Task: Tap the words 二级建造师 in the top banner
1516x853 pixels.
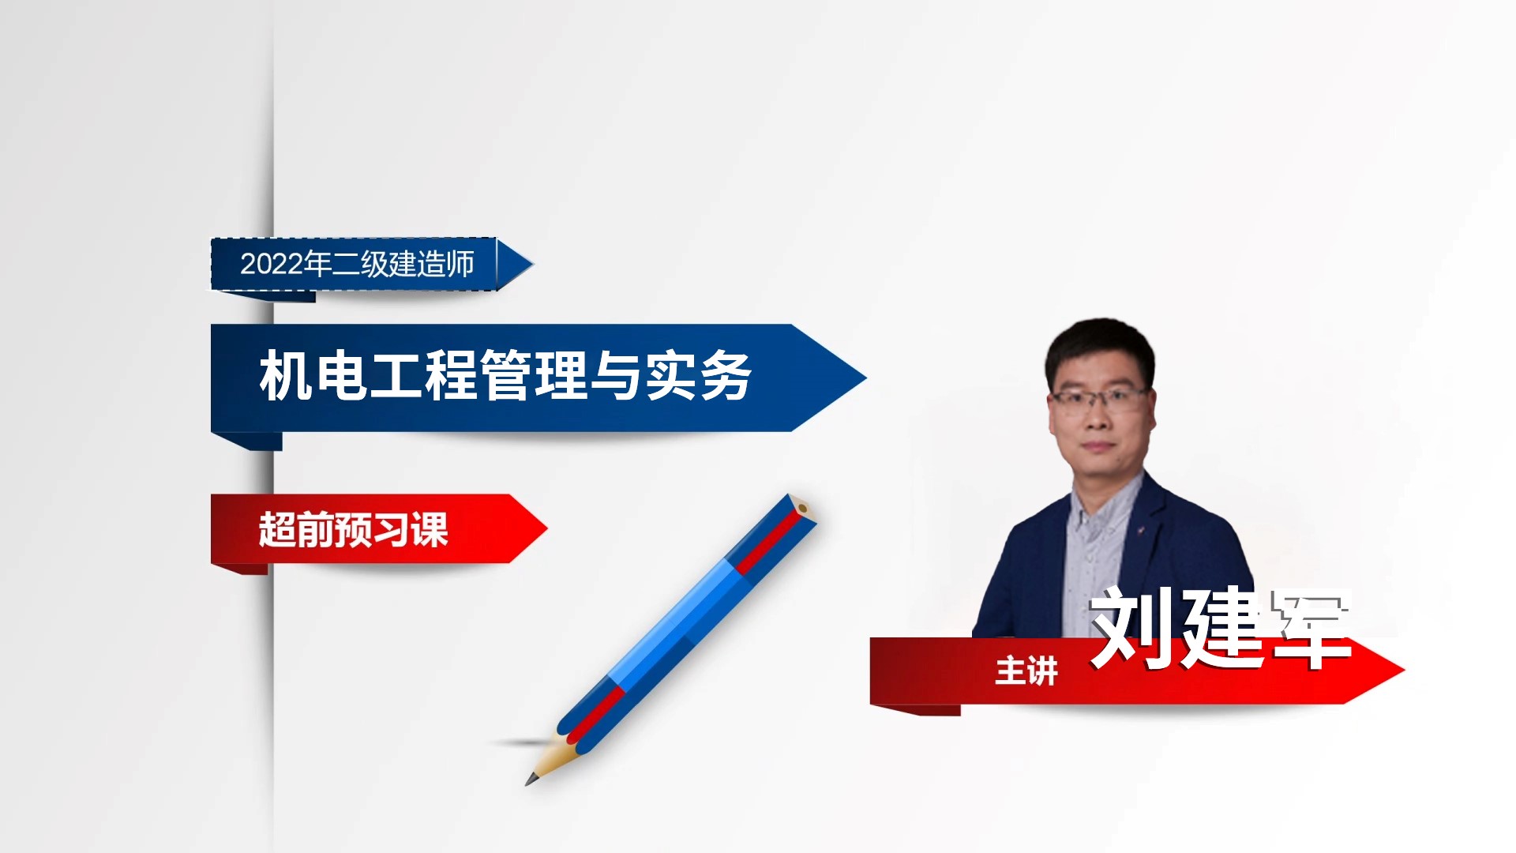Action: pyautogui.click(x=403, y=264)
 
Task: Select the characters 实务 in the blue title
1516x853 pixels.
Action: pyautogui.click(x=698, y=376)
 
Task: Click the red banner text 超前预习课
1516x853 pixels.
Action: pyautogui.click(x=354, y=529)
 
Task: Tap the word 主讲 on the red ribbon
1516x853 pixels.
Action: pyautogui.click(x=1026, y=671)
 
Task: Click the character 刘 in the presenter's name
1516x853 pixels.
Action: pyautogui.click(x=1132, y=628)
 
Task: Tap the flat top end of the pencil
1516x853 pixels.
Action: pyautogui.click(x=803, y=507)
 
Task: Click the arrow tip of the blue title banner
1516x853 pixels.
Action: pyautogui.click(x=865, y=378)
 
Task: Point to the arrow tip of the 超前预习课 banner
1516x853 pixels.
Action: pyautogui.click(x=546, y=528)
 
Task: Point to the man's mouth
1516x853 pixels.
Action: pyautogui.click(x=1098, y=448)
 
